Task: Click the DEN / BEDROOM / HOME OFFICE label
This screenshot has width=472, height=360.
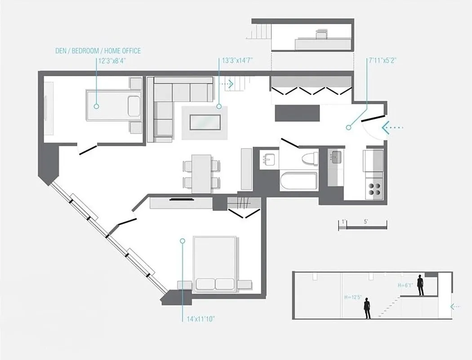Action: pyautogui.click(x=98, y=51)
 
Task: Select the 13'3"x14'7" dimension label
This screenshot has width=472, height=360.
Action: pyautogui.click(x=238, y=61)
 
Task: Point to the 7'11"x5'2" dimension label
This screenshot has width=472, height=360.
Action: pyautogui.click(x=382, y=60)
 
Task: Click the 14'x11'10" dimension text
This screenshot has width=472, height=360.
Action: pyautogui.click(x=200, y=319)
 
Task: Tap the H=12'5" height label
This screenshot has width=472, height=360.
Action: pyautogui.click(x=352, y=297)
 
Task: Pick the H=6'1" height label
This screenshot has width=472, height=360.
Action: pyautogui.click(x=405, y=285)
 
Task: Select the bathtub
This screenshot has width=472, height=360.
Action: pyautogui.click(x=298, y=182)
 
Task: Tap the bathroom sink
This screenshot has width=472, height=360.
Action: pyautogui.click(x=270, y=159)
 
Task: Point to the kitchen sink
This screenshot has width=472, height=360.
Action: pyautogui.click(x=336, y=157)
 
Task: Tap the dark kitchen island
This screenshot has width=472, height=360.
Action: pyautogui.click(x=297, y=113)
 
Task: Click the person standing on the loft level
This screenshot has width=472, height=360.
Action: pyautogui.click(x=420, y=285)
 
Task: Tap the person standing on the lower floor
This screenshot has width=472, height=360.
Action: pyautogui.click(x=367, y=308)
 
